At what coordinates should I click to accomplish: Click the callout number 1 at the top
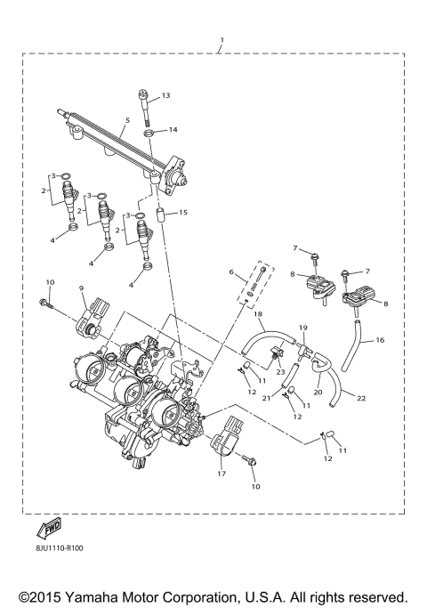pyautogui.click(x=222, y=40)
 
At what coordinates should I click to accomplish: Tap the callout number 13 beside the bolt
pyautogui.click(x=165, y=95)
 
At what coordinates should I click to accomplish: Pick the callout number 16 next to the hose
pyautogui.click(x=380, y=340)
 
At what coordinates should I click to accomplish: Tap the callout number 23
pyautogui.click(x=279, y=370)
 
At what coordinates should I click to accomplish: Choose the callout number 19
pyautogui.click(x=302, y=328)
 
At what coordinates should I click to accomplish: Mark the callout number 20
pyautogui.click(x=318, y=391)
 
